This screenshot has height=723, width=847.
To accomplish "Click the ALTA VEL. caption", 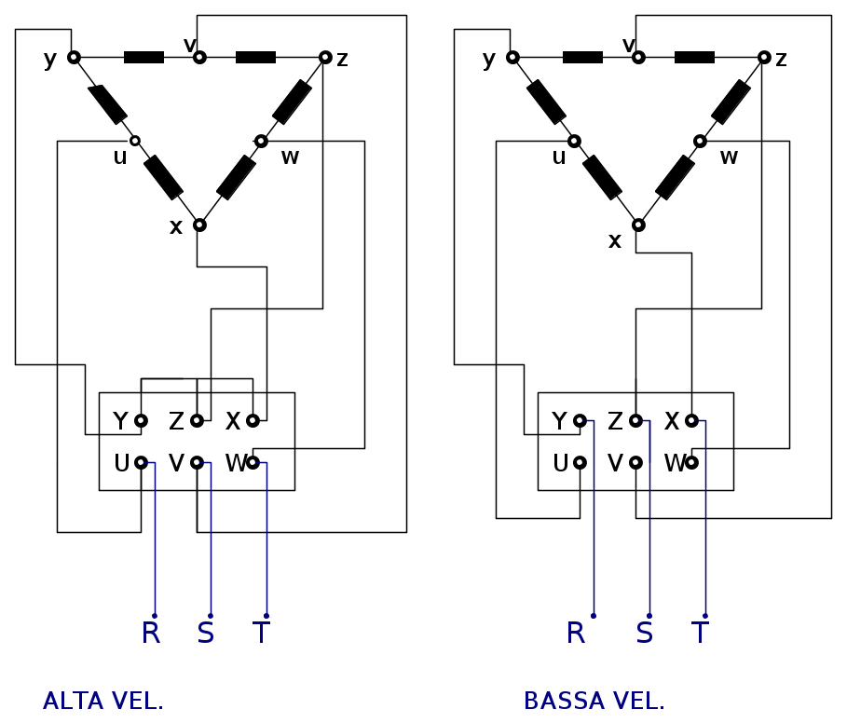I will coord(103,702).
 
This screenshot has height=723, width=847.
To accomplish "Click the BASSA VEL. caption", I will coord(594,702).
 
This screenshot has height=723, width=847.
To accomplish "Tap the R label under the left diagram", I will coord(151,634).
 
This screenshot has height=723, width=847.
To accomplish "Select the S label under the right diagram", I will coord(644,634).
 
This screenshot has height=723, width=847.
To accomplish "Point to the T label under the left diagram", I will coord(261,634).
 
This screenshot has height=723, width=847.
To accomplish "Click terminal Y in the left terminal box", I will coord(141,421).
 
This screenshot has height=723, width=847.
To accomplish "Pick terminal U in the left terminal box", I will coord(141,463).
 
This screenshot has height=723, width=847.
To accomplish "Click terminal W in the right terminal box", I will coord(691,463).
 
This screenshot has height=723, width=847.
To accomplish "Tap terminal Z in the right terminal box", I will coord(635,421).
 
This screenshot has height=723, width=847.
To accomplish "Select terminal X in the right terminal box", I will coord(691,421).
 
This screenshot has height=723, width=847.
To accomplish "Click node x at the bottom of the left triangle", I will coord(199,225).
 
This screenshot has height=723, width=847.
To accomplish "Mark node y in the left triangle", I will coord(74,58).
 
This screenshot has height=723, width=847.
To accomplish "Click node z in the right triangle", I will coord(764,58).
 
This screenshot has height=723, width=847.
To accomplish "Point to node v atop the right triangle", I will coord(638,58).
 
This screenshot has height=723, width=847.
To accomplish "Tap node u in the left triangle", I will coord(135,141).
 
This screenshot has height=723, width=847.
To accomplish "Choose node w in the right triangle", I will coord(700,142).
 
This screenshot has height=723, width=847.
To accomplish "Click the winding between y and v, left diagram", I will coord(143,58).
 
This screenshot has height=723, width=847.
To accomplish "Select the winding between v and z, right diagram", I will coord(694,58).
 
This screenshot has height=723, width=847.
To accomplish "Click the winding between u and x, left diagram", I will coord(163,177).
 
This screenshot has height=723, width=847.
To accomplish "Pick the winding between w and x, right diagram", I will coord(675,177).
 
